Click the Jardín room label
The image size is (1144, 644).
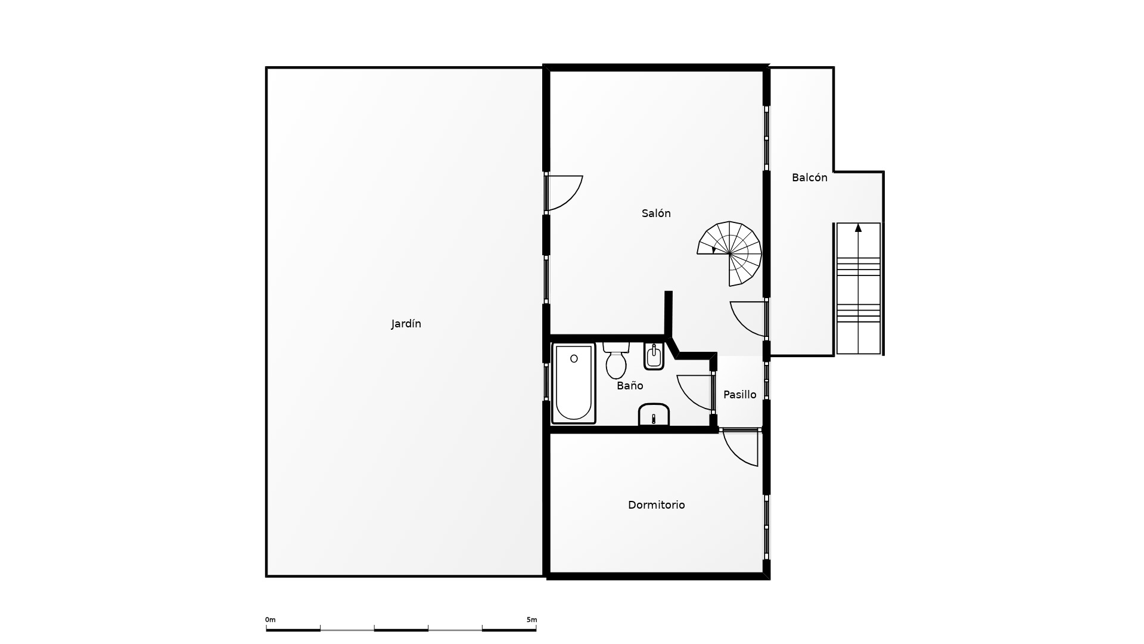coord(406,324)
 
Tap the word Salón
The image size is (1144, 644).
coord(656,213)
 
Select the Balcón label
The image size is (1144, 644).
coord(809,177)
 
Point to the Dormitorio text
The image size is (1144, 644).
coord(656,504)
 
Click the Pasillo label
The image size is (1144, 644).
coord(739,394)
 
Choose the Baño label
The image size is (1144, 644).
coord(630,385)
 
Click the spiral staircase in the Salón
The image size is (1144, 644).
coord(729,253)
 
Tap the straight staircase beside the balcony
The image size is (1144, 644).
coord(859,289)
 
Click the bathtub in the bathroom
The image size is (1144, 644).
coord(574,383)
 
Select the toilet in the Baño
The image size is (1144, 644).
coord(616,360)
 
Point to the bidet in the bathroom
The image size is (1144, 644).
coord(654,357)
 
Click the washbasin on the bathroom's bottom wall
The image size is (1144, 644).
coord(654,415)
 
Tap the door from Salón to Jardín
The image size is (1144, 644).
coord(564,193)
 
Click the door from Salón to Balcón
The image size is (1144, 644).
coord(748,319)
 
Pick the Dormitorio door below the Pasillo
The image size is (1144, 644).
coord(740,447)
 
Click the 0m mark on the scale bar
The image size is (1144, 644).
coord(270,620)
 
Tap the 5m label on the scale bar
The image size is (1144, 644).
coord(531,620)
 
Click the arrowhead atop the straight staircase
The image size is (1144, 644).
coord(858,227)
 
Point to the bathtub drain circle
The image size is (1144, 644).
coord(574,358)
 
